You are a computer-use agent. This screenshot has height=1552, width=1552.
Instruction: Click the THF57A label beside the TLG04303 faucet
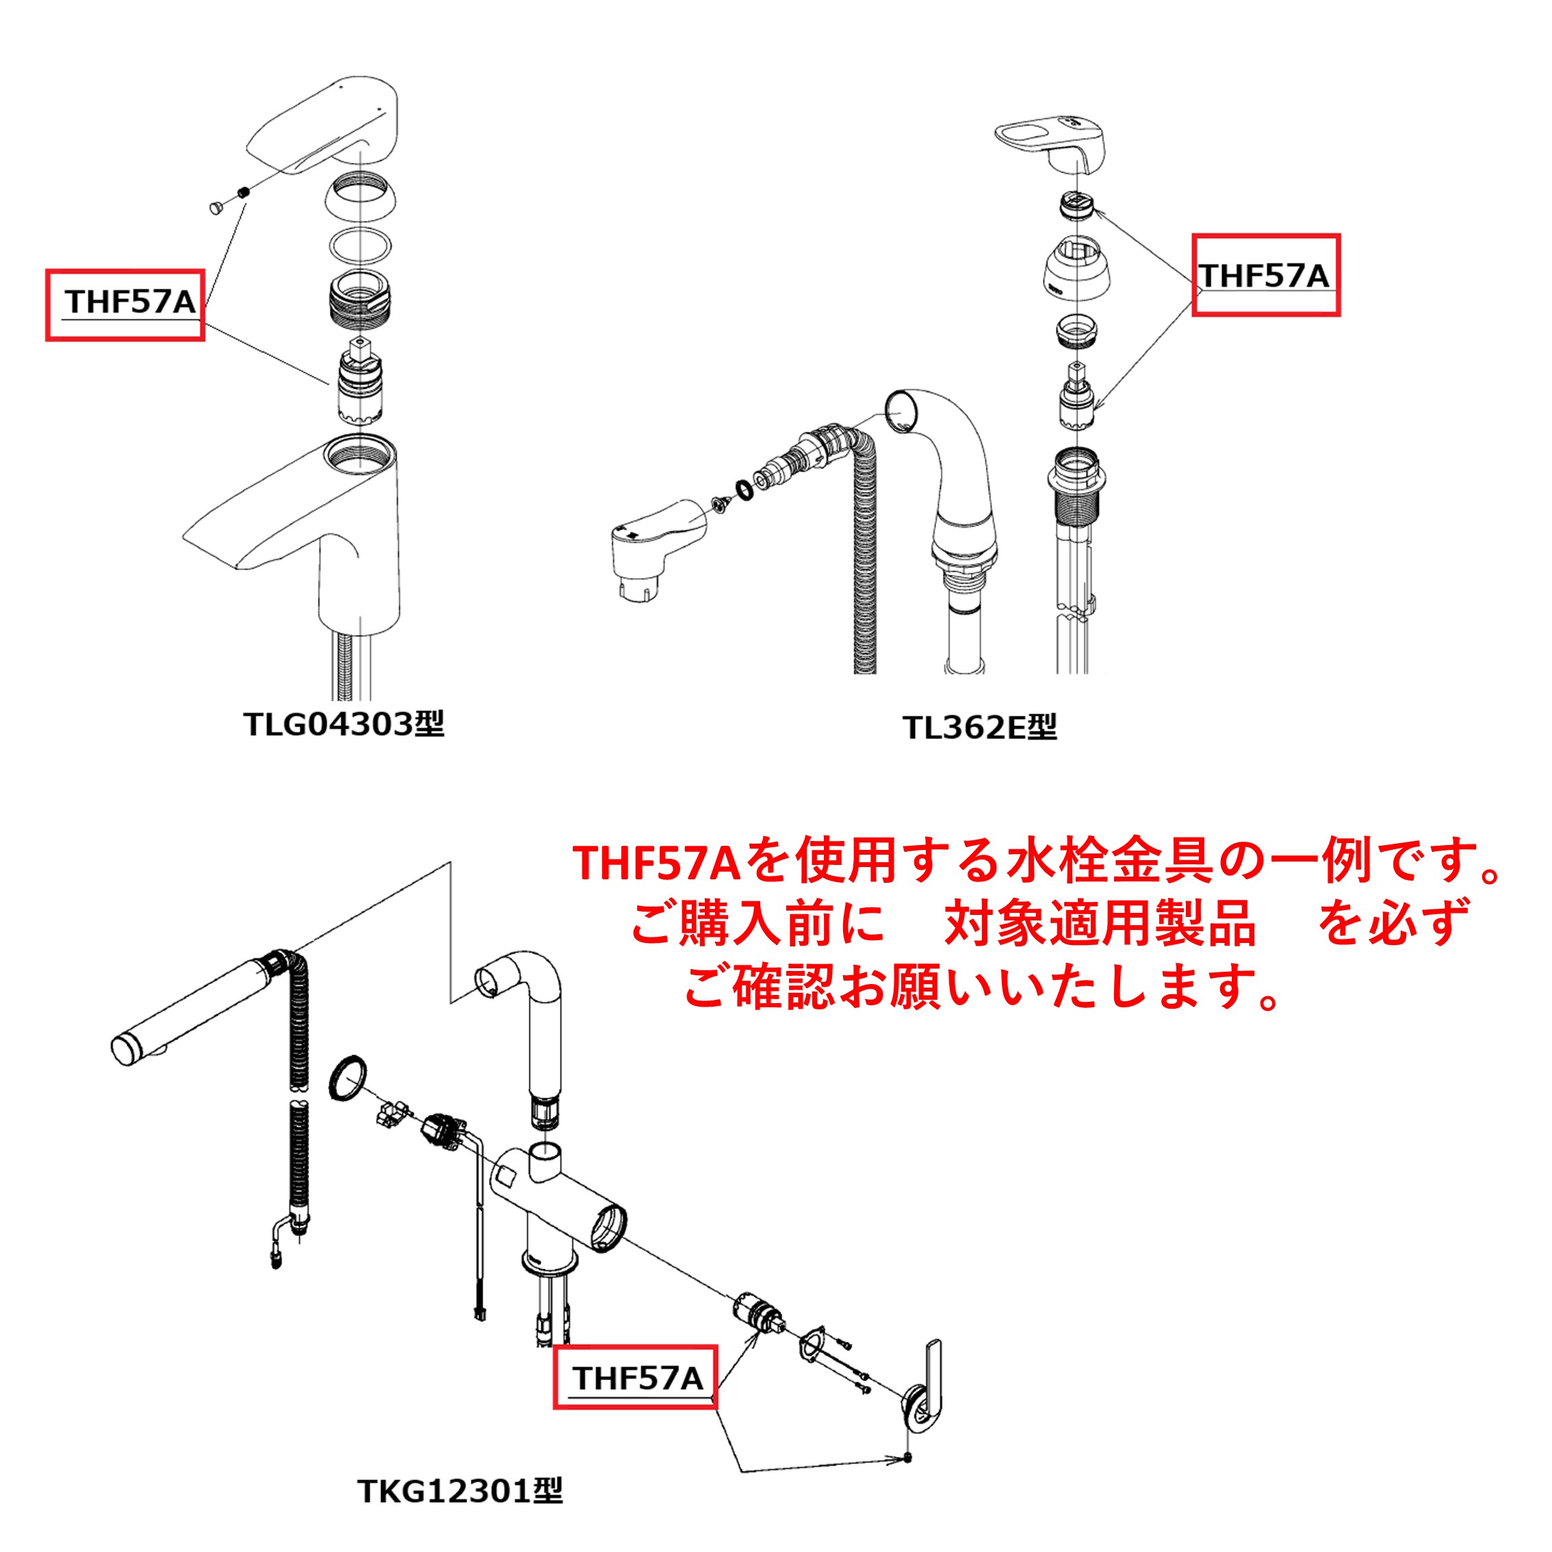[130, 302]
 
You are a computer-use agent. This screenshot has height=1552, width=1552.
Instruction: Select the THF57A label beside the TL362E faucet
[1265, 276]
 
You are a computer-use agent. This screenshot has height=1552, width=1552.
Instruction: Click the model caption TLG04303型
[344, 724]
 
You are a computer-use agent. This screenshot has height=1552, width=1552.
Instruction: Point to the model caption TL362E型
[979, 727]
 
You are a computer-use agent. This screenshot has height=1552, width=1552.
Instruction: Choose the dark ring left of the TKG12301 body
[348, 1080]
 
